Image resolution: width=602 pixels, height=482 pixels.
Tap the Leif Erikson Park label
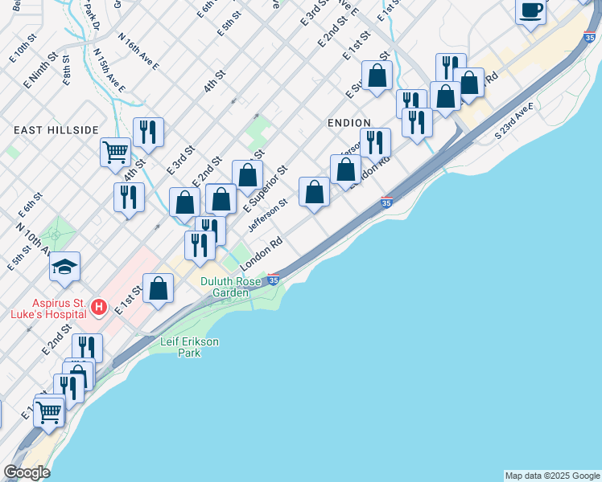[x=189, y=346]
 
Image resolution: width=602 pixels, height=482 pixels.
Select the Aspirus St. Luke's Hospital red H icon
[x=98, y=307]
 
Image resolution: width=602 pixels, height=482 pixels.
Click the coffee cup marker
[x=531, y=10]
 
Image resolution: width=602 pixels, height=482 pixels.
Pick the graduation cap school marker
[x=66, y=267]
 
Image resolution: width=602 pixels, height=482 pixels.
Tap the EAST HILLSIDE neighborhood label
[x=56, y=129]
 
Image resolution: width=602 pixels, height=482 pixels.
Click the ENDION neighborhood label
[x=348, y=122]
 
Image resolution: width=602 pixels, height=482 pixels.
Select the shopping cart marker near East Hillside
[x=116, y=150]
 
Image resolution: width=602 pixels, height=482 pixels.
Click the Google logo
[x=27, y=472]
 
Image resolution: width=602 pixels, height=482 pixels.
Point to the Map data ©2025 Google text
[x=552, y=476]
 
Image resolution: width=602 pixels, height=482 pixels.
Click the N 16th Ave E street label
[x=138, y=51]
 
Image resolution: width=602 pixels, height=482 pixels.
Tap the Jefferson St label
[x=267, y=216]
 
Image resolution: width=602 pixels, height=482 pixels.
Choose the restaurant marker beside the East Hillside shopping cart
[x=148, y=131]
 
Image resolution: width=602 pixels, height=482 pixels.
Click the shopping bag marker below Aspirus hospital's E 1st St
[x=159, y=288]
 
